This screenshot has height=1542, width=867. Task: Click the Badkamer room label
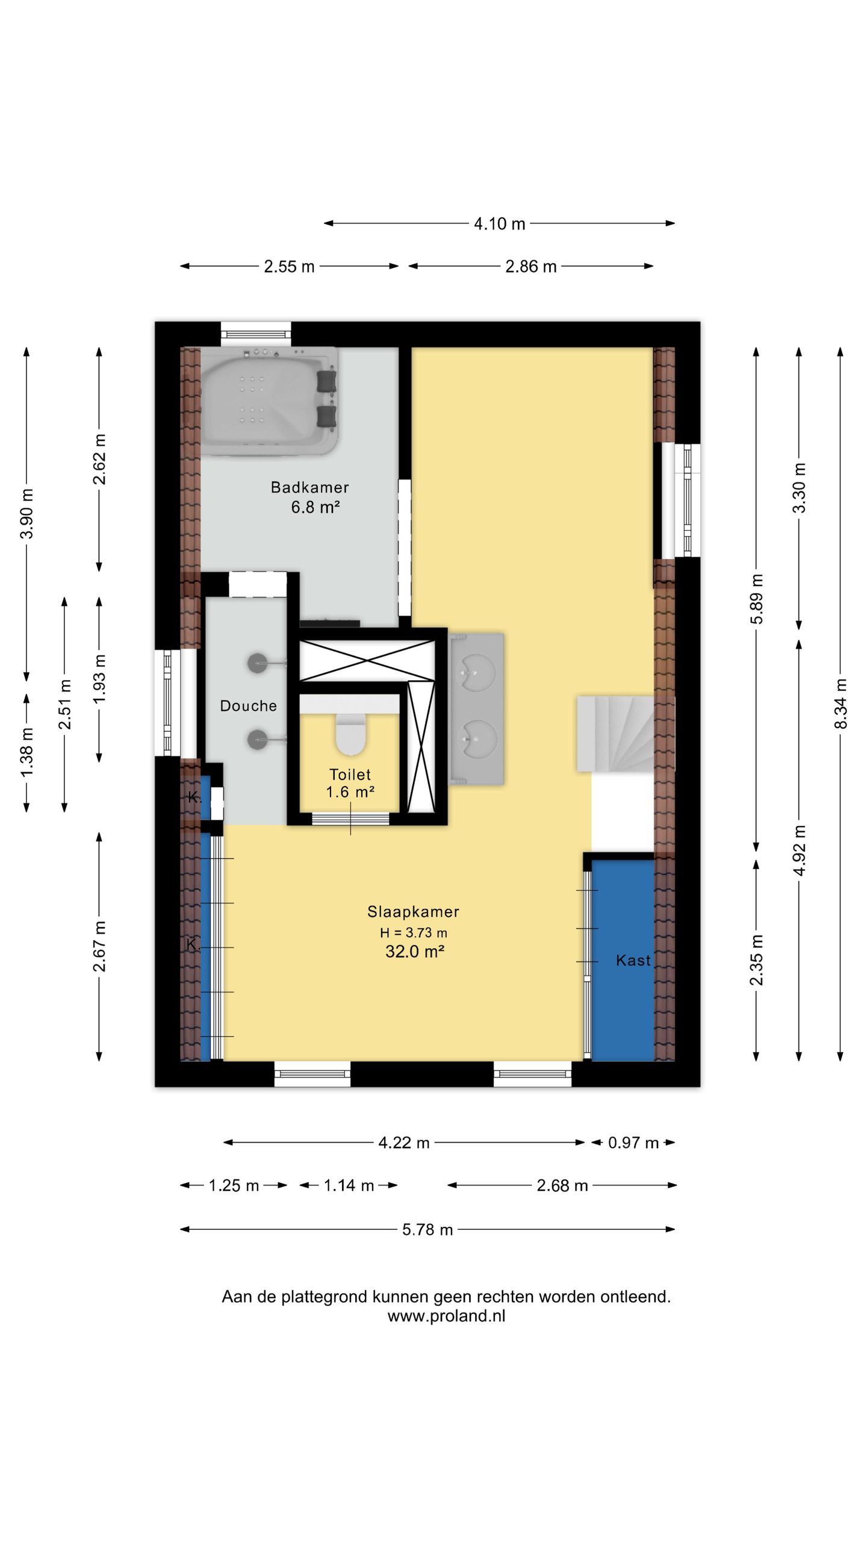coord(309,487)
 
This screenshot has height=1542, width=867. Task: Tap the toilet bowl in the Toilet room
coord(351,734)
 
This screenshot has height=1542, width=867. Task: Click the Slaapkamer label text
coord(413,911)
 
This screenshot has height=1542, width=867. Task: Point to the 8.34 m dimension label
coord(841,703)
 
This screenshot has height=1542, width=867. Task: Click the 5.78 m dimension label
coord(427,1229)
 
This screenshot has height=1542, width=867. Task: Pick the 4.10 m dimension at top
coord(499,223)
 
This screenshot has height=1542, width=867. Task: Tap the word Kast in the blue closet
coord(633,960)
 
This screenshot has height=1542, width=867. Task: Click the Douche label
coord(248,705)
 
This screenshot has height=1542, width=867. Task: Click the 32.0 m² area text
coord(415,951)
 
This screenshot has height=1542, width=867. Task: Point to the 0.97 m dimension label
coord(633,1143)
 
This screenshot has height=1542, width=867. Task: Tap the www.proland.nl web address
coord(446,1316)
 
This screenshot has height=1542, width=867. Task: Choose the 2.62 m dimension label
coord(99,459)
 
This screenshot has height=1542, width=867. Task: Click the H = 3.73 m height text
coord(413,932)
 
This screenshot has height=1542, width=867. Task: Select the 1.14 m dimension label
coord(349,1185)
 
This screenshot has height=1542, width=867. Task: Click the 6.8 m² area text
coord(315,507)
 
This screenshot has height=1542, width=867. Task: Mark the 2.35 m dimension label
coord(756,960)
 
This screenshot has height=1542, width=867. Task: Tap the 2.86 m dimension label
coord(530,266)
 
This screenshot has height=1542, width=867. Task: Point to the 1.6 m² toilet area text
coord(350,791)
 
